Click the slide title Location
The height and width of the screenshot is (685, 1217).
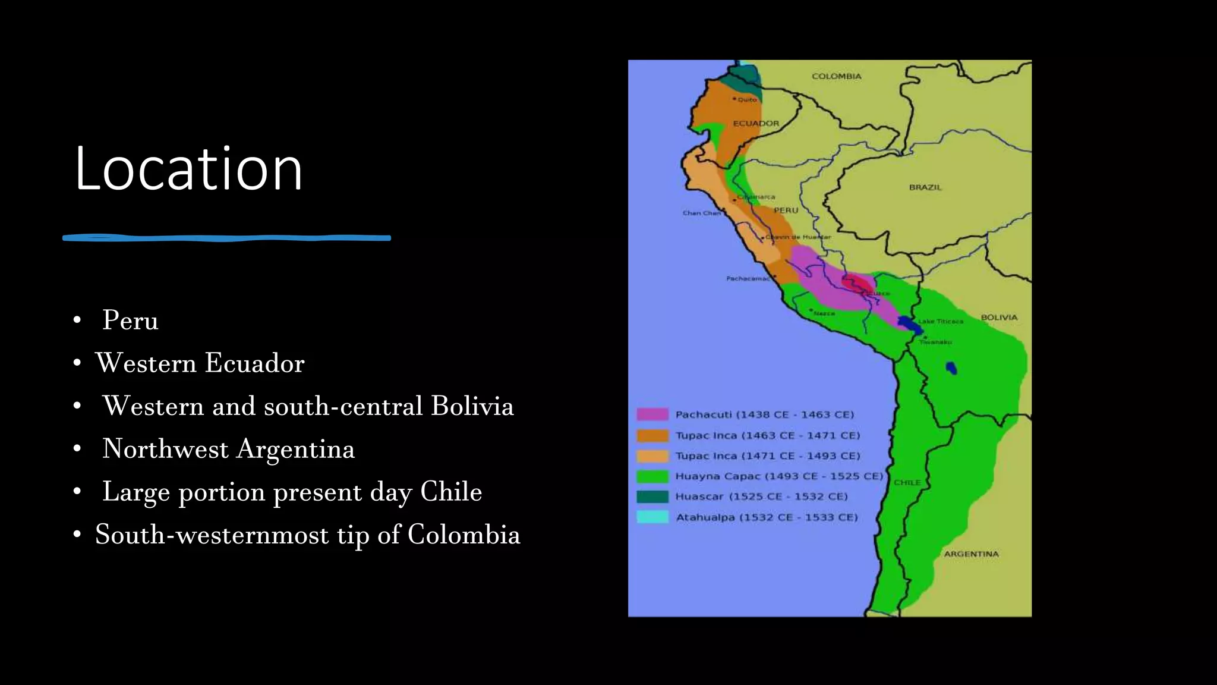coord(188,169)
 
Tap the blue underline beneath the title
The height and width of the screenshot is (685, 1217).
coord(226,238)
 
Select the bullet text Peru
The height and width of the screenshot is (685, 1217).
coord(130,320)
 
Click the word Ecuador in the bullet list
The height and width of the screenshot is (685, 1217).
coord(255,363)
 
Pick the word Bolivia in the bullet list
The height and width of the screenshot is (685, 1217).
coord(472,406)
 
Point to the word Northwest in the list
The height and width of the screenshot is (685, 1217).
coord(165,449)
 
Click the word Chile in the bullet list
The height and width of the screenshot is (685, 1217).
coord(451,492)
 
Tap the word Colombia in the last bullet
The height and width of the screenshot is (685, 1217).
coord(464,535)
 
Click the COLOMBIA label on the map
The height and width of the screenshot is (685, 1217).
coord(836,76)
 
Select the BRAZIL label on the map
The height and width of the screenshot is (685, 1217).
coord(925,187)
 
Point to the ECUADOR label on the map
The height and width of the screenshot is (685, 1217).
coord(756,124)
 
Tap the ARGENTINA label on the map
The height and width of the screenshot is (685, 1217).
coord(971,554)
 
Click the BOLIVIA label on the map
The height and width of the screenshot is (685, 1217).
coord(999,318)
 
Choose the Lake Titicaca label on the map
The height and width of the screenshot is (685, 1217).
coord(941,322)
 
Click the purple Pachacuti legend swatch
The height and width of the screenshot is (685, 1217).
coord(652,414)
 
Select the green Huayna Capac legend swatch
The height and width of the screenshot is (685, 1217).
coord(652,476)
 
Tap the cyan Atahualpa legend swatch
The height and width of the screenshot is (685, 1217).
coord(652,517)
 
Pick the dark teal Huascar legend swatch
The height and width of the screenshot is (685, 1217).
coord(652,497)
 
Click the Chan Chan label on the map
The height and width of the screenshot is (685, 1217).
coord(701,213)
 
